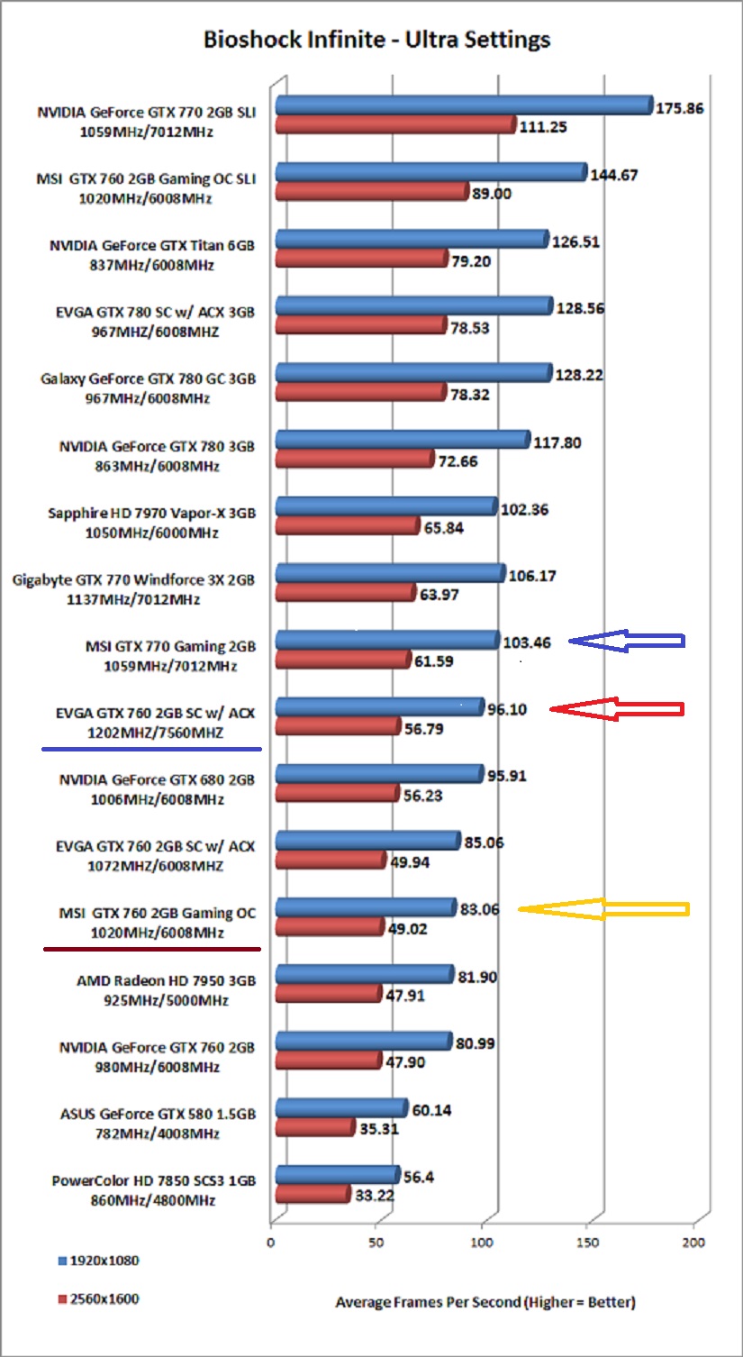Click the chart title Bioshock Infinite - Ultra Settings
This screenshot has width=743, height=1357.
tap(376, 40)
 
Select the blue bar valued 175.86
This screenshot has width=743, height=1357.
tap(464, 105)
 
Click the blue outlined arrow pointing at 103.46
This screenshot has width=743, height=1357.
tap(627, 641)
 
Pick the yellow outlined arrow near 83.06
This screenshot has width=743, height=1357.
tap(603, 909)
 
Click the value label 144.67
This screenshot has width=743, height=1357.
tap(614, 175)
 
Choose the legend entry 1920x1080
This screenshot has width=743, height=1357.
tap(98, 1261)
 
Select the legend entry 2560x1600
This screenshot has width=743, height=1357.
tap(98, 1299)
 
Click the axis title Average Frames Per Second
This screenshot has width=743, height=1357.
tap(485, 1302)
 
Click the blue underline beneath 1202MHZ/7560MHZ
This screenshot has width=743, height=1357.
tap(151, 748)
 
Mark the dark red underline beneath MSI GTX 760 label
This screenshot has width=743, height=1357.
tap(151, 948)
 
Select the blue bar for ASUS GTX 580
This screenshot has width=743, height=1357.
tap(341, 1107)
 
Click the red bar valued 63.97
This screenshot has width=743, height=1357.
tap(346, 593)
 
